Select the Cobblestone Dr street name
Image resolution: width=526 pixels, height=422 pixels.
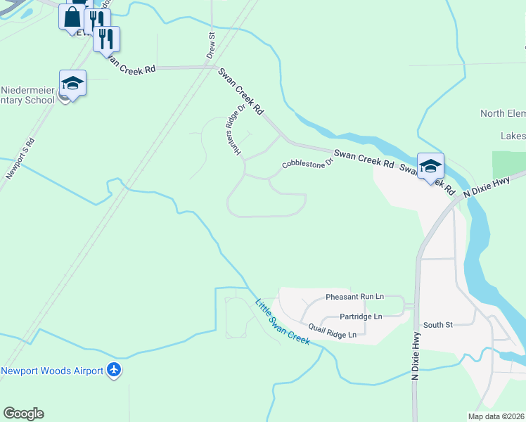point(307,163)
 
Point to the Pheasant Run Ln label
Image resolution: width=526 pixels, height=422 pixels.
point(354,298)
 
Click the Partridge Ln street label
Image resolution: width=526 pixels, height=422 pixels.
point(361,316)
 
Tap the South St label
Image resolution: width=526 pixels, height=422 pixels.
point(437,325)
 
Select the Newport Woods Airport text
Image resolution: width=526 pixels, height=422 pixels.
point(52,371)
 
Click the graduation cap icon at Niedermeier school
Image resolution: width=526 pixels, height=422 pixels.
point(72,84)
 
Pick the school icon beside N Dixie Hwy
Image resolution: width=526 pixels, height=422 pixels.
point(430,167)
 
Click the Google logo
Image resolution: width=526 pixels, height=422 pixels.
point(23,414)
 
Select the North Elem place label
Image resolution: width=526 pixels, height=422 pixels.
point(503,113)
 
